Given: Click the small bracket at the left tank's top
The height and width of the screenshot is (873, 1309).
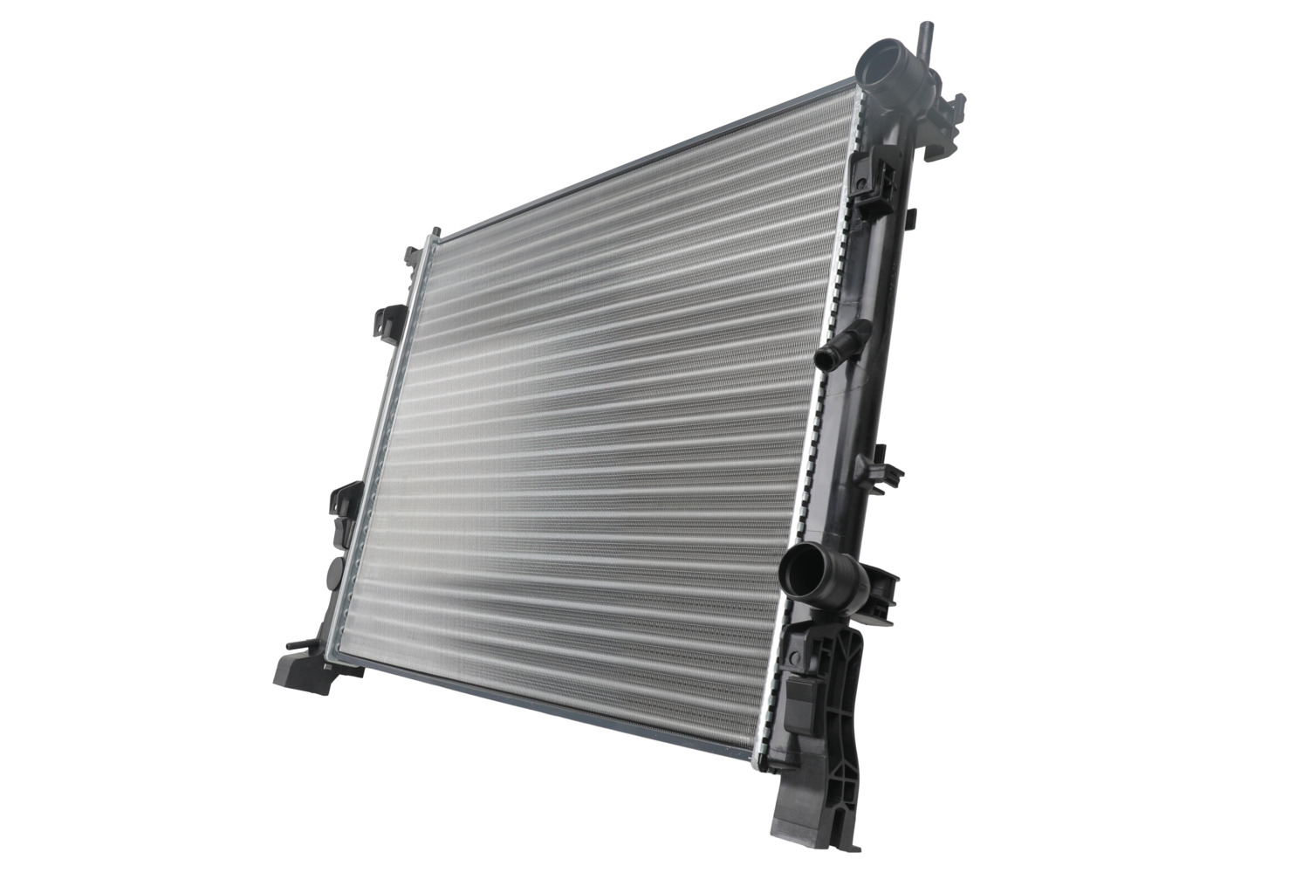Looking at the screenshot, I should tap(411, 255).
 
